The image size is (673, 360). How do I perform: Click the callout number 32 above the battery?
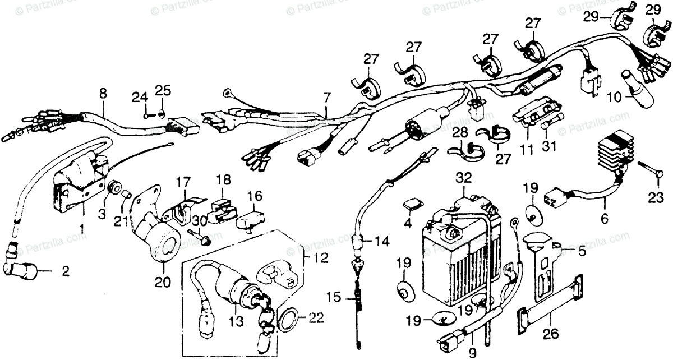(464, 179)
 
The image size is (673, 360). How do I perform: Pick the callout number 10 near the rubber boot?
(614, 97)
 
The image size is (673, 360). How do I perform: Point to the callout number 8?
(103, 93)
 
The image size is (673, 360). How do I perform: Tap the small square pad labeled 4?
(413, 205)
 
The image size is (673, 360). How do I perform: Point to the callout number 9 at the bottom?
(471, 353)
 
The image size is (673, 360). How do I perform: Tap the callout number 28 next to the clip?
(460, 132)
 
